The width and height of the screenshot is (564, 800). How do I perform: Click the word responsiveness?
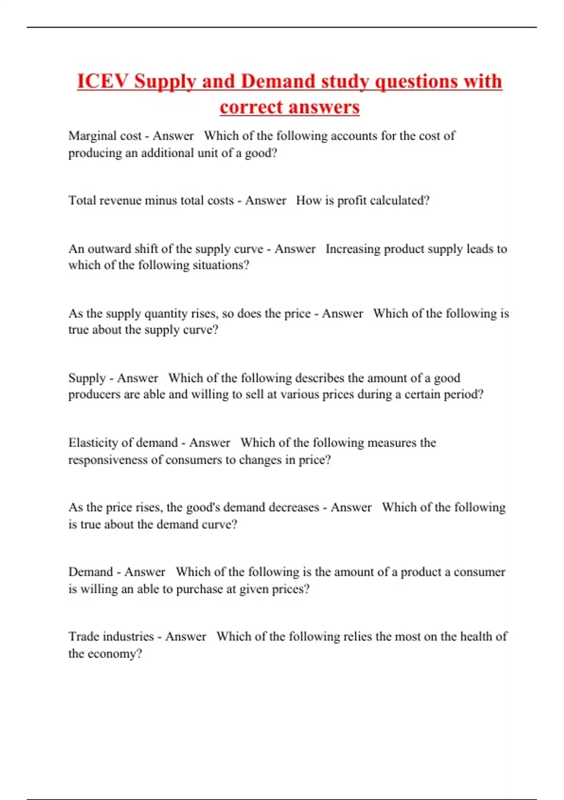point(108,460)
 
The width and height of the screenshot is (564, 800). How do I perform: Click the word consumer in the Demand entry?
point(479,572)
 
